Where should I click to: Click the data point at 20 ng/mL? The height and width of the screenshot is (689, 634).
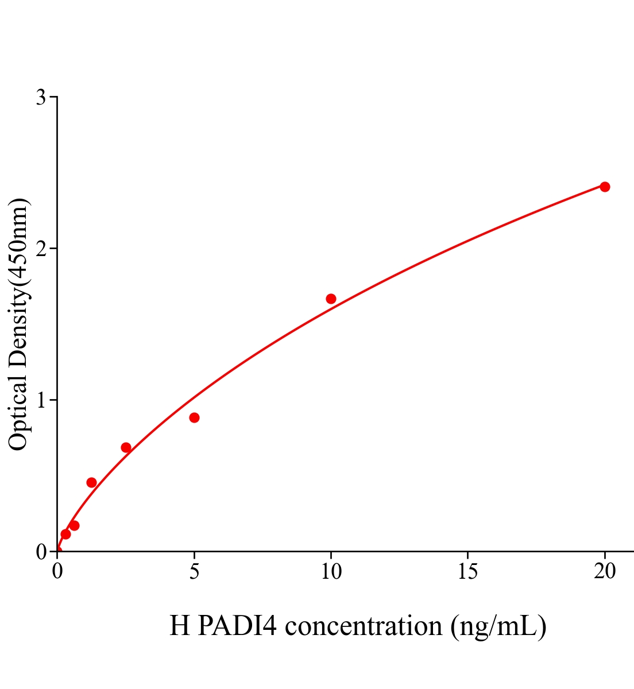(605, 187)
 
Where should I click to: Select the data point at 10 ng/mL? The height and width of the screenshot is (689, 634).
(331, 299)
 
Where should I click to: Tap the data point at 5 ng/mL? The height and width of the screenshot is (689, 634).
(194, 417)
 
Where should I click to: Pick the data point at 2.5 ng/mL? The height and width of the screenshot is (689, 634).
(126, 447)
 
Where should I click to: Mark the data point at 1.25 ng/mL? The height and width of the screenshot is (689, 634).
(91, 482)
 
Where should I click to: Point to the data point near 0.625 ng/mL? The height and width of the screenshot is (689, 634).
(75, 525)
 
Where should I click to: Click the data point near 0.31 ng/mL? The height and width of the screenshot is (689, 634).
(65, 534)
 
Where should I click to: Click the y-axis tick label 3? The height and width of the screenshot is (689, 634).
(41, 98)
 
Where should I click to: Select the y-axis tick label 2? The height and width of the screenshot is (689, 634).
(41, 249)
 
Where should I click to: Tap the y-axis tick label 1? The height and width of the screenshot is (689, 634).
(41, 400)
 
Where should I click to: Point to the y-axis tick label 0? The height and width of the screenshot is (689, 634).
(41, 552)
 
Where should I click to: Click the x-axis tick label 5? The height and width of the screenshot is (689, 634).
(194, 571)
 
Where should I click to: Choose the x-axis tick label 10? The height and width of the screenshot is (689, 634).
(331, 571)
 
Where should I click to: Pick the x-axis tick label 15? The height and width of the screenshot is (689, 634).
(468, 571)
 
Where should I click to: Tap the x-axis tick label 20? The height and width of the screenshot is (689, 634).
(605, 571)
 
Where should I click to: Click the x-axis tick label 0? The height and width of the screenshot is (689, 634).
(57, 571)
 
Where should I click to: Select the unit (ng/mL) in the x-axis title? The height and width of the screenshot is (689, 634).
(498, 626)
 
